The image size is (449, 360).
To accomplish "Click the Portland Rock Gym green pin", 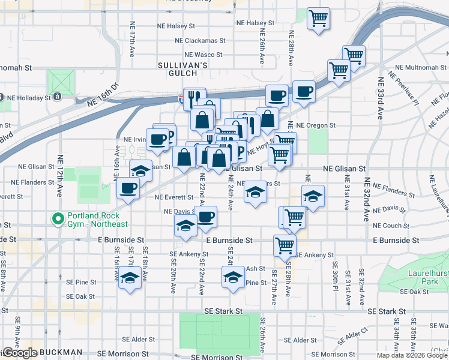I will (x=58, y=218).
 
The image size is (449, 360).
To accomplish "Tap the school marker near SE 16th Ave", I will (x=129, y=278).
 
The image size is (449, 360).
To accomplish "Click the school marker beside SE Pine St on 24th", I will (x=233, y=277).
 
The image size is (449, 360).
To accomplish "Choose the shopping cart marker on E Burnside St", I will (x=284, y=244).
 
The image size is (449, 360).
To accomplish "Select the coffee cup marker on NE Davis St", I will (x=206, y=217).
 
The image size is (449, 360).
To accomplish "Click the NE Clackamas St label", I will (x=200, y=41).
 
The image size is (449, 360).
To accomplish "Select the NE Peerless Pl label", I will (x=403, y=89).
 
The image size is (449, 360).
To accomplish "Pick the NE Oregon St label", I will (x=316, y=125).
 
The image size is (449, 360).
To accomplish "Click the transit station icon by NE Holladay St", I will (x=57, y=96).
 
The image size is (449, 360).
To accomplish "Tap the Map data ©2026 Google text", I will (x=412, y=355).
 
